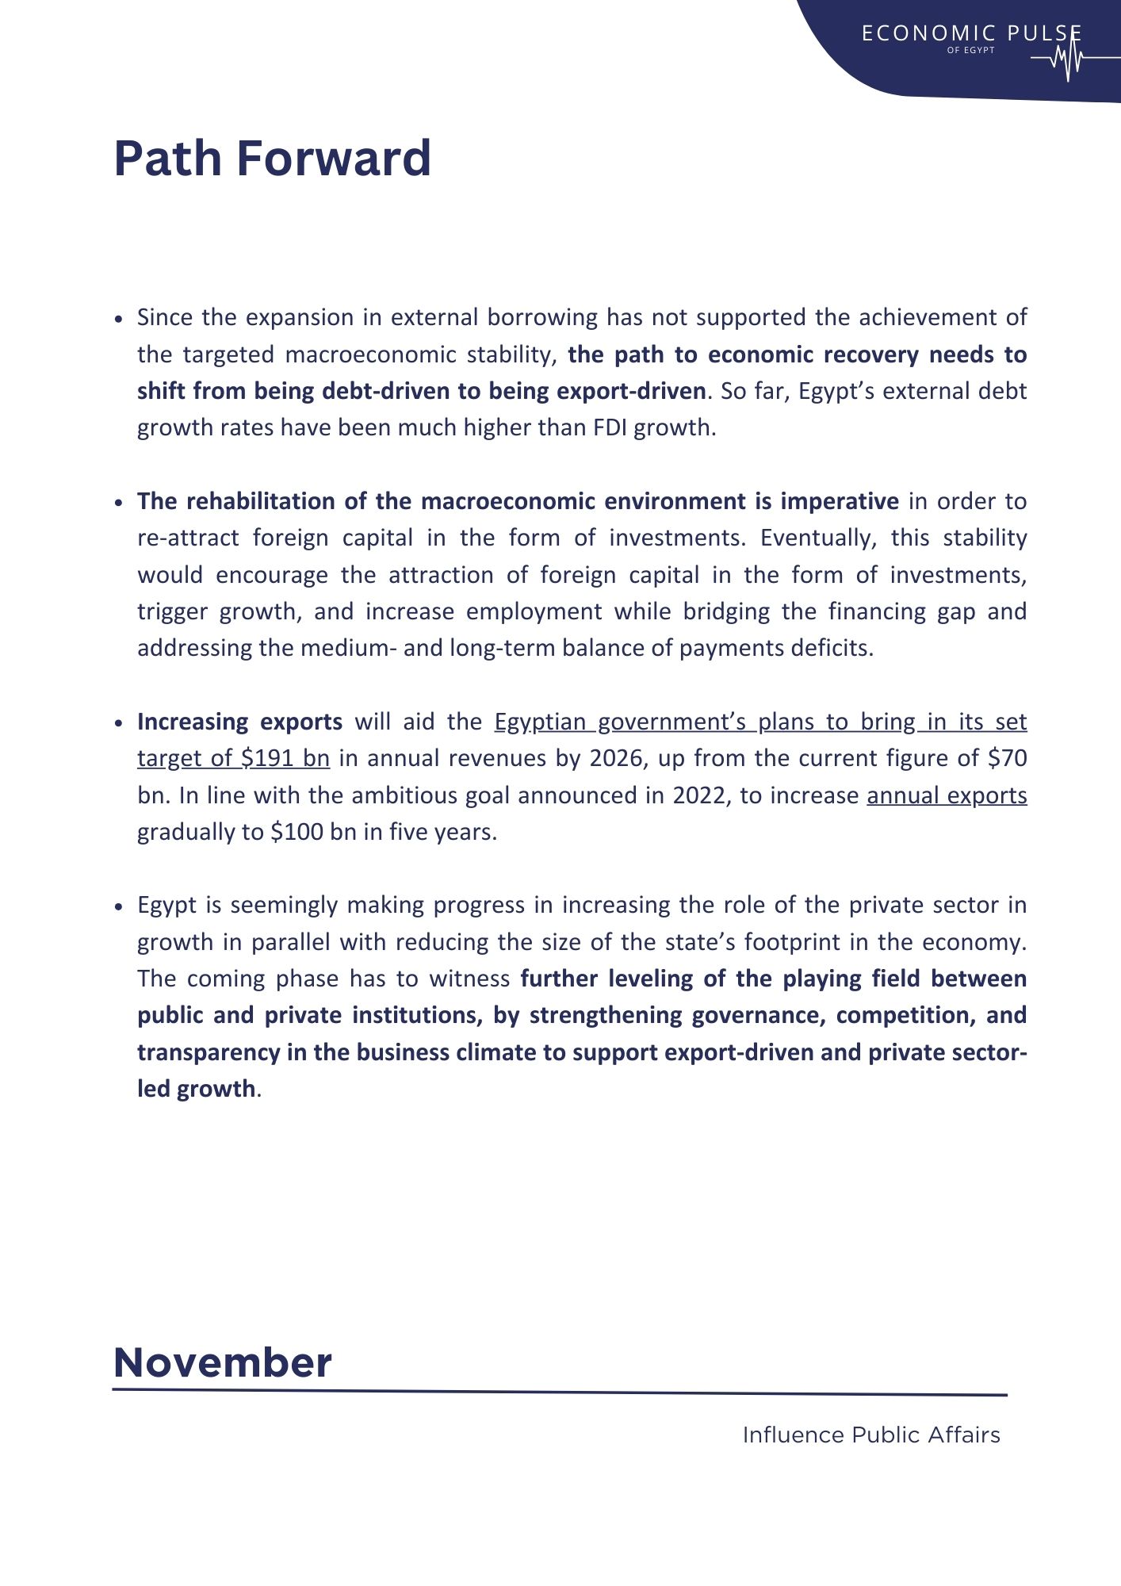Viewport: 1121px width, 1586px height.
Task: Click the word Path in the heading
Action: [168, 159]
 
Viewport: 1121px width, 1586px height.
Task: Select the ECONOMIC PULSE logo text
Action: [971, 33]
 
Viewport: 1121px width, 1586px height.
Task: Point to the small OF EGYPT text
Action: [970, 50]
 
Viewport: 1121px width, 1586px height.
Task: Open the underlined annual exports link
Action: [947, 795]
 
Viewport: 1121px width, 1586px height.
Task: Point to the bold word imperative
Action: [840, 501]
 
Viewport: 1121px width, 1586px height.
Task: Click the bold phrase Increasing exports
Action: [239, 722]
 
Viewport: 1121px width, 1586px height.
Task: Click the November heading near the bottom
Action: [223, 1362]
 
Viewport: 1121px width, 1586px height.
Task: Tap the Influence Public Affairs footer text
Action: [871, 1435]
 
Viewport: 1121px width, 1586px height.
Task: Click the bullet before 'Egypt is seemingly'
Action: [119, 906]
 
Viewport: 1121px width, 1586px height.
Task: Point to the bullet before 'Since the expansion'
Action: [119, 319]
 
